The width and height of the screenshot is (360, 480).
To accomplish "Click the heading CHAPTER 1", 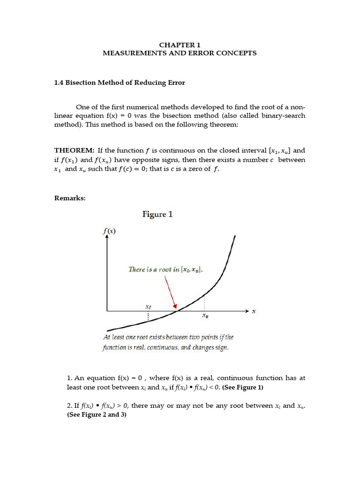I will tap(180, 45).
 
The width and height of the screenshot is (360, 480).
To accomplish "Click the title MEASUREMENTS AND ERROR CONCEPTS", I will tap(180, 53).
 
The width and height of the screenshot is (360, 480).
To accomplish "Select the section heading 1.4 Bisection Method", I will tap(120, 82).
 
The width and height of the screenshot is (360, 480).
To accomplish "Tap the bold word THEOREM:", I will tap(75, 150).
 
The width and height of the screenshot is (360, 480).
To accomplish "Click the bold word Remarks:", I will tap(70, 198).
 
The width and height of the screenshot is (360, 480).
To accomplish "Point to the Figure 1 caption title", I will tap(157, 214).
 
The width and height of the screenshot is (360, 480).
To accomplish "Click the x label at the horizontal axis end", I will tap(254, 311).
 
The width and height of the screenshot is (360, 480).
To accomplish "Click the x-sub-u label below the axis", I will tap(205, 316).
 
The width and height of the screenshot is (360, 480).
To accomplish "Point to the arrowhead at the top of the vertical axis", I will tap(107, 237).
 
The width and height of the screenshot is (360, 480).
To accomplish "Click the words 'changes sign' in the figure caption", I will tap(209, 348).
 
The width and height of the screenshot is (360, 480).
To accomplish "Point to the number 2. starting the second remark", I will tap(70, 406).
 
